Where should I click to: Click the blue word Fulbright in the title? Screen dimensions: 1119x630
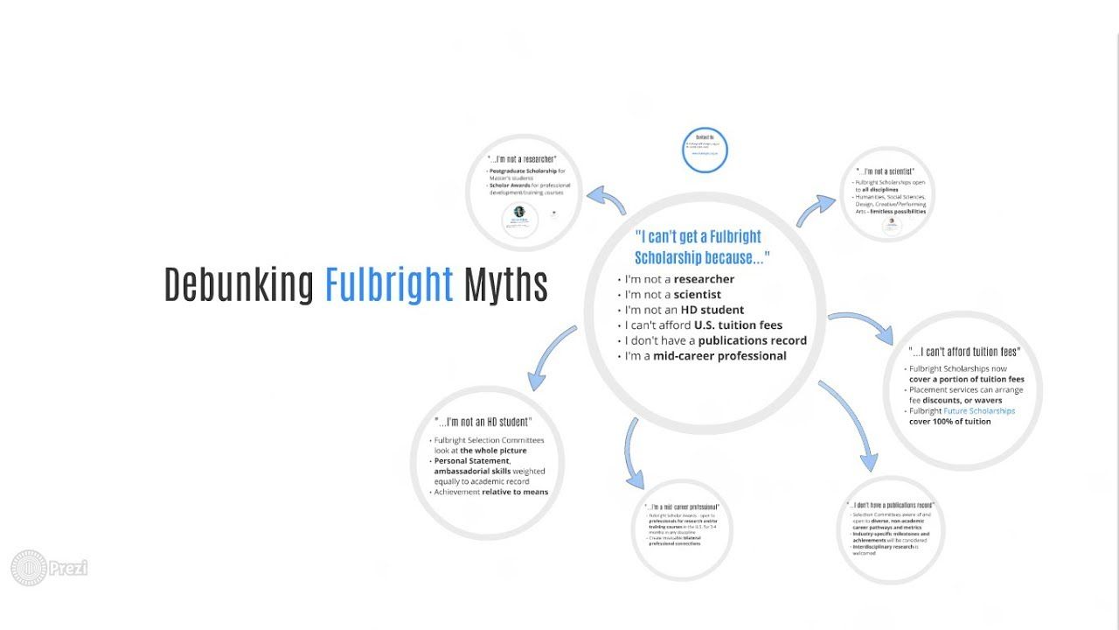click(x=389, y=283)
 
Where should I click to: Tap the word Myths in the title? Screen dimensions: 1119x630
click(x=505, y=284)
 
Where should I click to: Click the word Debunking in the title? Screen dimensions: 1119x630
click(x=239, y=283)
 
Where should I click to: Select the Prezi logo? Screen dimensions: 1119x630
click(x=49, y=568)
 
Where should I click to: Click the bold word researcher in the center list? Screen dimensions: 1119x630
click(x=704, y=279)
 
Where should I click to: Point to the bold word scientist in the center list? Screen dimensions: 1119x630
click(x=697, y=294)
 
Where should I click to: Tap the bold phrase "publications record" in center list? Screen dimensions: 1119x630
click(x=752, y=340)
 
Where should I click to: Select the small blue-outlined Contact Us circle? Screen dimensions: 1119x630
click(x=705, y=150)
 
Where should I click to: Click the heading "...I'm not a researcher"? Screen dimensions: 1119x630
click(x=522, y=159)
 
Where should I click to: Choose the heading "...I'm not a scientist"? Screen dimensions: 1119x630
click(x=886, y=171)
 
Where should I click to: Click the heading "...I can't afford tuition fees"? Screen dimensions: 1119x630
click(x=964, y=352)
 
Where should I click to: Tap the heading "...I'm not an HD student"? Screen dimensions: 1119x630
click(x=483, y=423)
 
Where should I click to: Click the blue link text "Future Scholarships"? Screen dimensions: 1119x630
click(x=979, y=411)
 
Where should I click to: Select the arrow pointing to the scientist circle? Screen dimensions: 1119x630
click(x=815, y=209)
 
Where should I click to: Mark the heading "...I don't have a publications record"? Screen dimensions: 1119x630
click(x=890, y=506)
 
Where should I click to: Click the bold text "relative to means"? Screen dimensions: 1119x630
click(x=515, y=492)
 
